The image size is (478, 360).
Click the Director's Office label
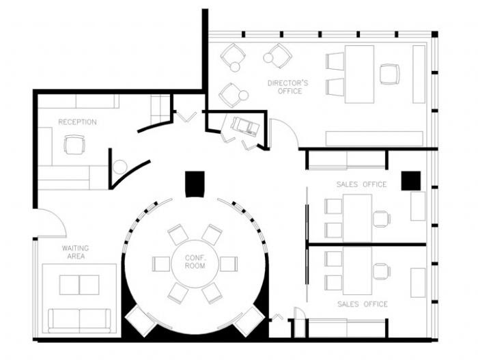[287, 87]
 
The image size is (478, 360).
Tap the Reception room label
[77, 122]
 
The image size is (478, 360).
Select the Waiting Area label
[76, 252]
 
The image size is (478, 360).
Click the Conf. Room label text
[195, 262]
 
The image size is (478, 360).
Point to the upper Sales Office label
[361, 184]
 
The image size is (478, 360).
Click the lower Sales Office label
[363, 304]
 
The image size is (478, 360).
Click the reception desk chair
[74, 144]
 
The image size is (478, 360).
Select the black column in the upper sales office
[411, 181]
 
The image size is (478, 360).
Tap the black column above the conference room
[195, 184]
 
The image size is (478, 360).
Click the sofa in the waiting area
[80, 320]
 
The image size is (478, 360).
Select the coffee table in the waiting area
[79, 285]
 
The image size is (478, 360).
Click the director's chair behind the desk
[390, 74]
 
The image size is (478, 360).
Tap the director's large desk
[359, 74]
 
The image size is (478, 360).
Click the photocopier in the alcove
[245, 126]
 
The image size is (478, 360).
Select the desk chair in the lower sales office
[382, 271]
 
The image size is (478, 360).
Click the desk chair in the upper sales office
[382, 219]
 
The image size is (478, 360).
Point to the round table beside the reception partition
[119, 167]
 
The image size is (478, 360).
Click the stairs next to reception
[160, 109]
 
